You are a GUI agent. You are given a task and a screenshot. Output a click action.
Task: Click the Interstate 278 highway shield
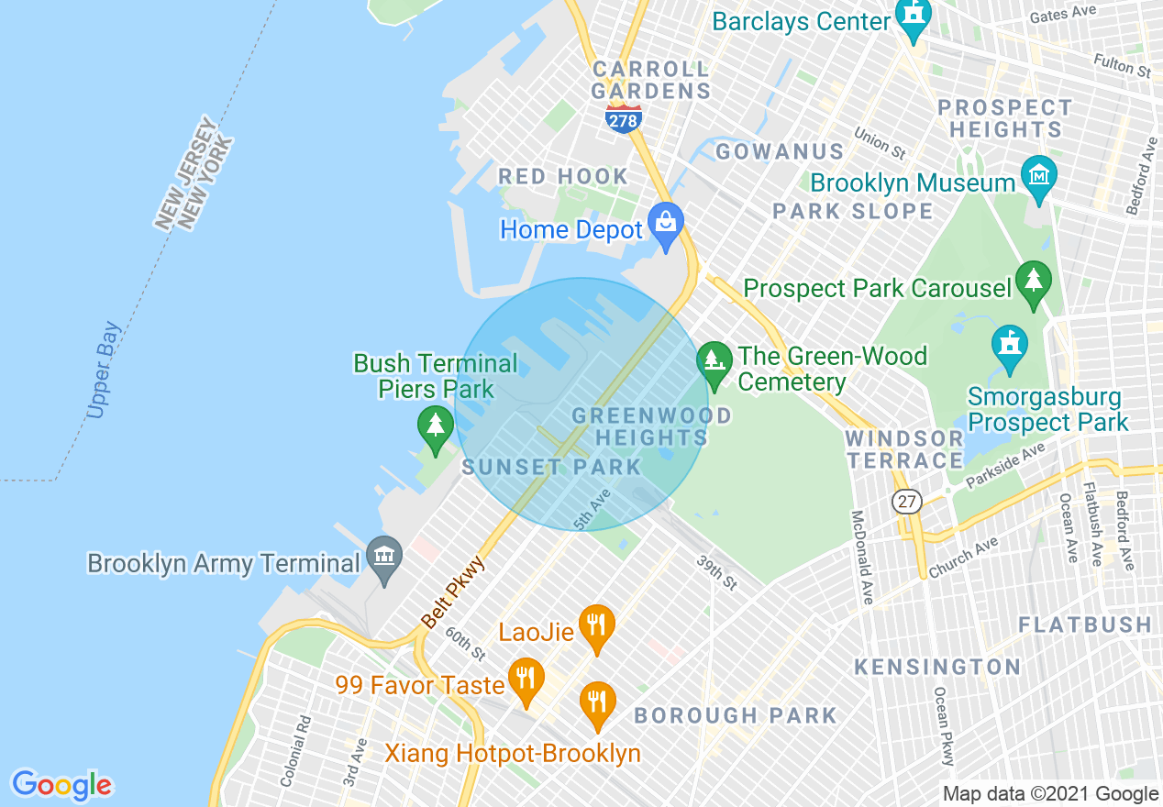click(624, 118)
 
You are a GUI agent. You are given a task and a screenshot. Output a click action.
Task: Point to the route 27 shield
click(907, 502)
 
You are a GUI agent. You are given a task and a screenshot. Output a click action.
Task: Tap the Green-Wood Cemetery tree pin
click(714, 363)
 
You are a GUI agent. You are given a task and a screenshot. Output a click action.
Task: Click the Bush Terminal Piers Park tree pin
click(436, 428)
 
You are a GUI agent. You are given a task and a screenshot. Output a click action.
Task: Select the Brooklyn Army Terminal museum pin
click(384, 558)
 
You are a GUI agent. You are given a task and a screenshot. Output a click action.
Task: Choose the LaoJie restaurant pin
click(596, 628)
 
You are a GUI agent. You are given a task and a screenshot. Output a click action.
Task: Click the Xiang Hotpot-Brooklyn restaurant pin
click(597, 703)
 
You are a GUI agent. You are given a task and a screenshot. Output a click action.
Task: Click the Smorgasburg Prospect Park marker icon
click(1009, 347)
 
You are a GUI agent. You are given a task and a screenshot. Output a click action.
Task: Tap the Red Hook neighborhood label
click(563, 176)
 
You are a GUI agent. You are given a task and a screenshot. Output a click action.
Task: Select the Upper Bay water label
click(105, 370)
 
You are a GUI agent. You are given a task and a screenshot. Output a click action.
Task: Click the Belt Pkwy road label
click(453, 591)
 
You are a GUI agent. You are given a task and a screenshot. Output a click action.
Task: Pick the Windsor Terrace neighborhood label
click(904, 449)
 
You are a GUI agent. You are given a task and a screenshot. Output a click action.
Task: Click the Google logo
click(62, 785)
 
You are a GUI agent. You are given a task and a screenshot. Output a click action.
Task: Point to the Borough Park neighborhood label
click(736, 715)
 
